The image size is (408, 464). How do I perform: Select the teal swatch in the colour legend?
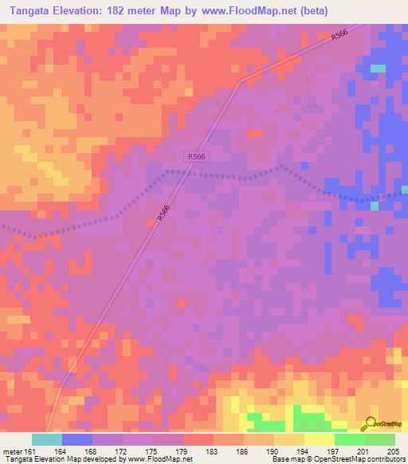[47, 439]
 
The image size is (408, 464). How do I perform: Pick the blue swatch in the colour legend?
[77, 439]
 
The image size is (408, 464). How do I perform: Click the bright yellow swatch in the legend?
[320, 439]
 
